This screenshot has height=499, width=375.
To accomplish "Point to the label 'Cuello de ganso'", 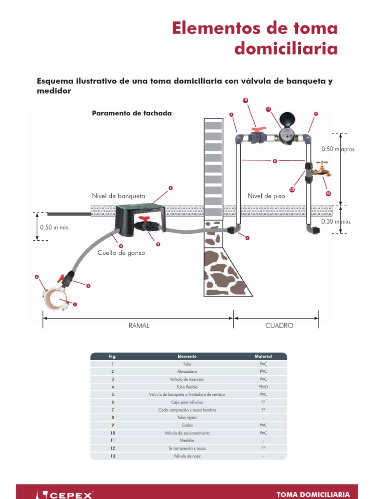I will (121, 253).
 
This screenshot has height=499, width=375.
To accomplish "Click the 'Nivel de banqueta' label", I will (119, 196).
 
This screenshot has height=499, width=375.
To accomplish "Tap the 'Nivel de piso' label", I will (266, 196).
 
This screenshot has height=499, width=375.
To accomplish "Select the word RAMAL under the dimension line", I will (139, 326).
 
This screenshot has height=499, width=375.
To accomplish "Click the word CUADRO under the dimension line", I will (279, 326).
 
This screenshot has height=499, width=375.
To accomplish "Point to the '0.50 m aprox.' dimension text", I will (339, 149).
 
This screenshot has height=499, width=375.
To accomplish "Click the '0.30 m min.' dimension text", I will (336, 221).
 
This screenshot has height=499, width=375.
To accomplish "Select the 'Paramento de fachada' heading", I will (132, 113).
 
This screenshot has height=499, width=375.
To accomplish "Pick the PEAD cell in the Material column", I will (263, 386).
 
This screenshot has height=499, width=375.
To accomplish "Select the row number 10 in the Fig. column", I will (113, 433).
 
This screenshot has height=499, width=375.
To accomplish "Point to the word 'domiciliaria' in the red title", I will (286, 49).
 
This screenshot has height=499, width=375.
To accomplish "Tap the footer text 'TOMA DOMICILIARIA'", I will (313, 494).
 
